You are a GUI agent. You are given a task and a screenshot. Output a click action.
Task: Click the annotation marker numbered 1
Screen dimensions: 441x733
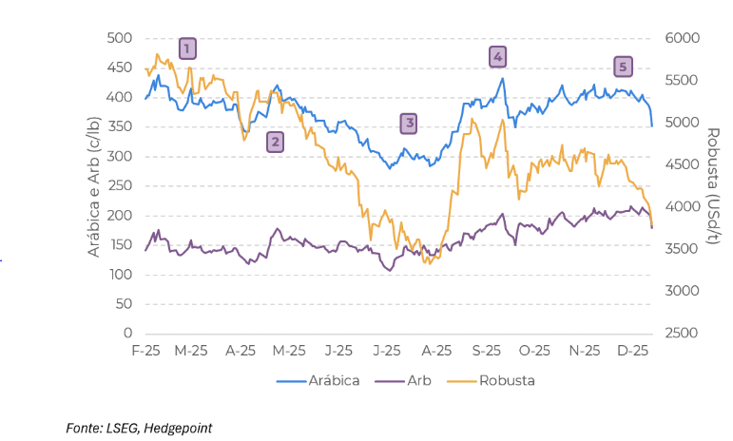point(187,48)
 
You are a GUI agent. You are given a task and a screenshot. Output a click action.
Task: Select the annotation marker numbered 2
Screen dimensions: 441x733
point(275,143)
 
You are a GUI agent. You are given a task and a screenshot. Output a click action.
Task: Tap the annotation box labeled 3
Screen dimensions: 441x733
point(408,123)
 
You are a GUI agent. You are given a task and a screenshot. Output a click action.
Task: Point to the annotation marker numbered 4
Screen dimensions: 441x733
point(497,57)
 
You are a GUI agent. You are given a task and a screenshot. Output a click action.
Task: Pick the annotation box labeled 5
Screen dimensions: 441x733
point(623,67)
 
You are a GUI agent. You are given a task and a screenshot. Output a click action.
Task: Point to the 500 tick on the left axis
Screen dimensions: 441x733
point(120,38)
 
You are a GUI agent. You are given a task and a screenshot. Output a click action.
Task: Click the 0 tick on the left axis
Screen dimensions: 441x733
point(127,334)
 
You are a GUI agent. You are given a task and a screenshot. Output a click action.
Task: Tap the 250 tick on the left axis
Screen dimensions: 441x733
point(120,185)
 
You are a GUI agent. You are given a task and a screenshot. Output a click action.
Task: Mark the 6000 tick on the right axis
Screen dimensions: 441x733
point(681,38)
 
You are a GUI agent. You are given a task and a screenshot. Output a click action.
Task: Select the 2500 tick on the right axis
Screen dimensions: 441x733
point(681,334)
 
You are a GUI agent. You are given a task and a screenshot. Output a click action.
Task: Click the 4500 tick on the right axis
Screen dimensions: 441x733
point(681,164)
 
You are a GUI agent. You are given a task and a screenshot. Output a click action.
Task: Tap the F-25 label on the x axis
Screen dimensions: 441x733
point(145,351)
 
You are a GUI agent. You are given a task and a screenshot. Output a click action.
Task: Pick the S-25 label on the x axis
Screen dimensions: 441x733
point(487,351)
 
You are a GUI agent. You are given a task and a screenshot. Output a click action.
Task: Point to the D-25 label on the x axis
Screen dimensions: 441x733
point(633,351)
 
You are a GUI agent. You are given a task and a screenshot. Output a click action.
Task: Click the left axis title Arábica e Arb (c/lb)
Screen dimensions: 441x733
point(94,186)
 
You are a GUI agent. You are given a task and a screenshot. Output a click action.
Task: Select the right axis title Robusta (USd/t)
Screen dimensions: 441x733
point(713,186)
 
